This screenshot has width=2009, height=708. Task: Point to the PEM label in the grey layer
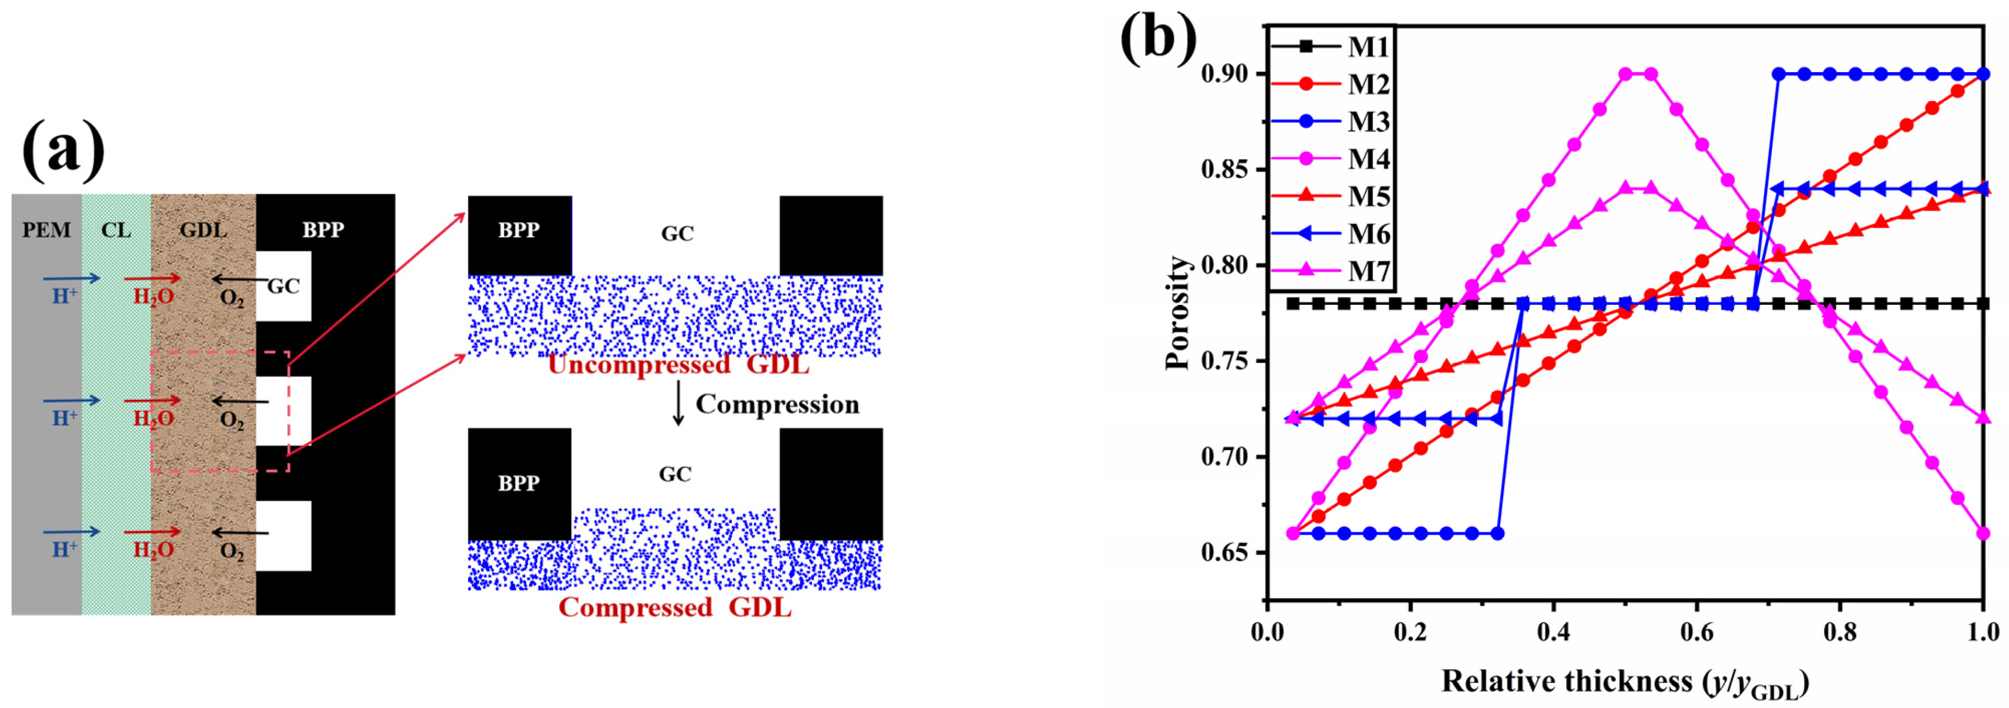[46, 230]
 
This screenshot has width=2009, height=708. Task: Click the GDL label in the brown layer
[203, 230]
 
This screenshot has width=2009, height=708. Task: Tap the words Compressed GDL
[675, 607]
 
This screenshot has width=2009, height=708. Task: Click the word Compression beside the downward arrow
[777, 404]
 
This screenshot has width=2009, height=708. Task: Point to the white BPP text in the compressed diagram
[519, 483]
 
